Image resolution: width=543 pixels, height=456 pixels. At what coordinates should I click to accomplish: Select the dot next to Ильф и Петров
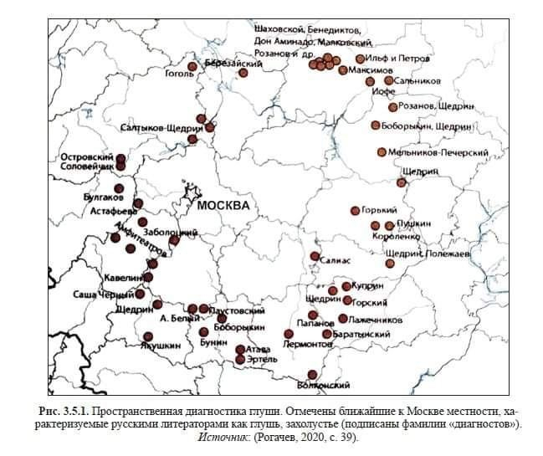coord(361,59)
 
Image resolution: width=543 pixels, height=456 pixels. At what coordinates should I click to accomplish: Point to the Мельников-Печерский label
coord(438,153)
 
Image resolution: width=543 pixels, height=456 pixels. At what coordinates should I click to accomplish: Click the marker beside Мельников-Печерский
coord(382,152)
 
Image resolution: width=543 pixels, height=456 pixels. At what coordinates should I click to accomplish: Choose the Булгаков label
coord(104,198)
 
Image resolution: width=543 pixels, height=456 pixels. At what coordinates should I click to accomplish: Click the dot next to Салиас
coord(315,256)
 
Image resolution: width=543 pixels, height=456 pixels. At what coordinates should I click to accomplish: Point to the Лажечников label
coord(376,320)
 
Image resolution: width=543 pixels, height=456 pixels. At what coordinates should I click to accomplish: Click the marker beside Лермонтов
coord(289,334)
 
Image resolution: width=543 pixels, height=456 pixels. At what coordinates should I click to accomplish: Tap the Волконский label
coord(323,385)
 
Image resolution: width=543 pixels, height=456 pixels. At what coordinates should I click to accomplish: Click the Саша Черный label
coord(97,295)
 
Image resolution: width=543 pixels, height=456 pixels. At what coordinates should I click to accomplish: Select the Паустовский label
coord(230,310)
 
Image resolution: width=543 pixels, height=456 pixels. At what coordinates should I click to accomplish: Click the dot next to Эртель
coord(241,360)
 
